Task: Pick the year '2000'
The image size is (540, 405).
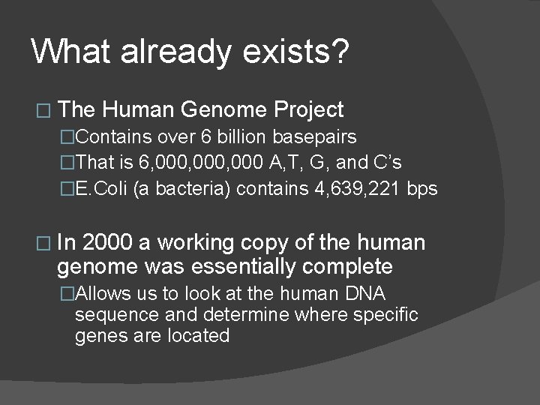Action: (x=110, y=243)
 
